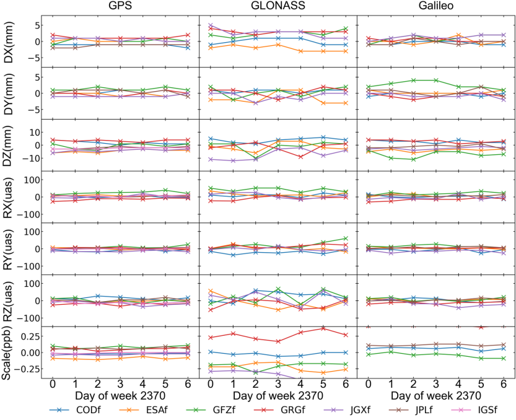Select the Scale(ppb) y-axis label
9,352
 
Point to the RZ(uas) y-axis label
9,300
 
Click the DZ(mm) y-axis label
9,144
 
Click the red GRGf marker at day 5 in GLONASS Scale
323,328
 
